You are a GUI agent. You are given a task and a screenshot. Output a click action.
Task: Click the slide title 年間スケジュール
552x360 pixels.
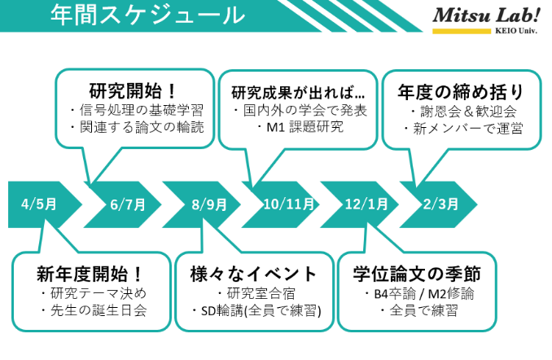click(x=147, y=15)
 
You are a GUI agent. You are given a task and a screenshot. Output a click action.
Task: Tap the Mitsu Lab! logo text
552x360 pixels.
click(x=486, y=15)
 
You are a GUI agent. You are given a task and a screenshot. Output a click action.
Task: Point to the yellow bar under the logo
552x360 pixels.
click(x=462, y=31)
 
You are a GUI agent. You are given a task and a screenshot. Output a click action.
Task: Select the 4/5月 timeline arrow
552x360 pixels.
click(x=45, y=204)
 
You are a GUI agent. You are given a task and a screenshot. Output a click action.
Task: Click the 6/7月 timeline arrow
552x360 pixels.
click(x=122, y=204)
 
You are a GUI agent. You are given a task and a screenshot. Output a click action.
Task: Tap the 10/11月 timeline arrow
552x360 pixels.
click(x=281, y=204)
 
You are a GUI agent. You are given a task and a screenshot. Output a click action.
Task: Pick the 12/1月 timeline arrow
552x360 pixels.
click(x=359, y=204)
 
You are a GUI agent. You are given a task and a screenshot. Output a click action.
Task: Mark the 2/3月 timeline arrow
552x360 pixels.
click(x=438, y=204)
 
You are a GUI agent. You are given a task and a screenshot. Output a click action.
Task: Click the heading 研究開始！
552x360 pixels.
click(x=133, y=91)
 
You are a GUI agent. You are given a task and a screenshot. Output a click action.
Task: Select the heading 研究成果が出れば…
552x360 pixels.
click(x=298, y=93)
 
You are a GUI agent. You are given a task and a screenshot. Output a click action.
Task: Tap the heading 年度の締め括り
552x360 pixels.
click(x=461, y=92)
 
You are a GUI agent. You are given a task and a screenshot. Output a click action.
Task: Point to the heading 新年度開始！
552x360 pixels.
click(x=90, y=274)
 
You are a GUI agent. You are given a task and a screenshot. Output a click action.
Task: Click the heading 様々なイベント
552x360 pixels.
click(x=253, y=274)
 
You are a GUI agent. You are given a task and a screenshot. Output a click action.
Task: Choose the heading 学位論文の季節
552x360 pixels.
click(x=417, y=274)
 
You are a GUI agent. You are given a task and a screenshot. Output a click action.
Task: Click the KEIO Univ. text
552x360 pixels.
click(x=516, y=31)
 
